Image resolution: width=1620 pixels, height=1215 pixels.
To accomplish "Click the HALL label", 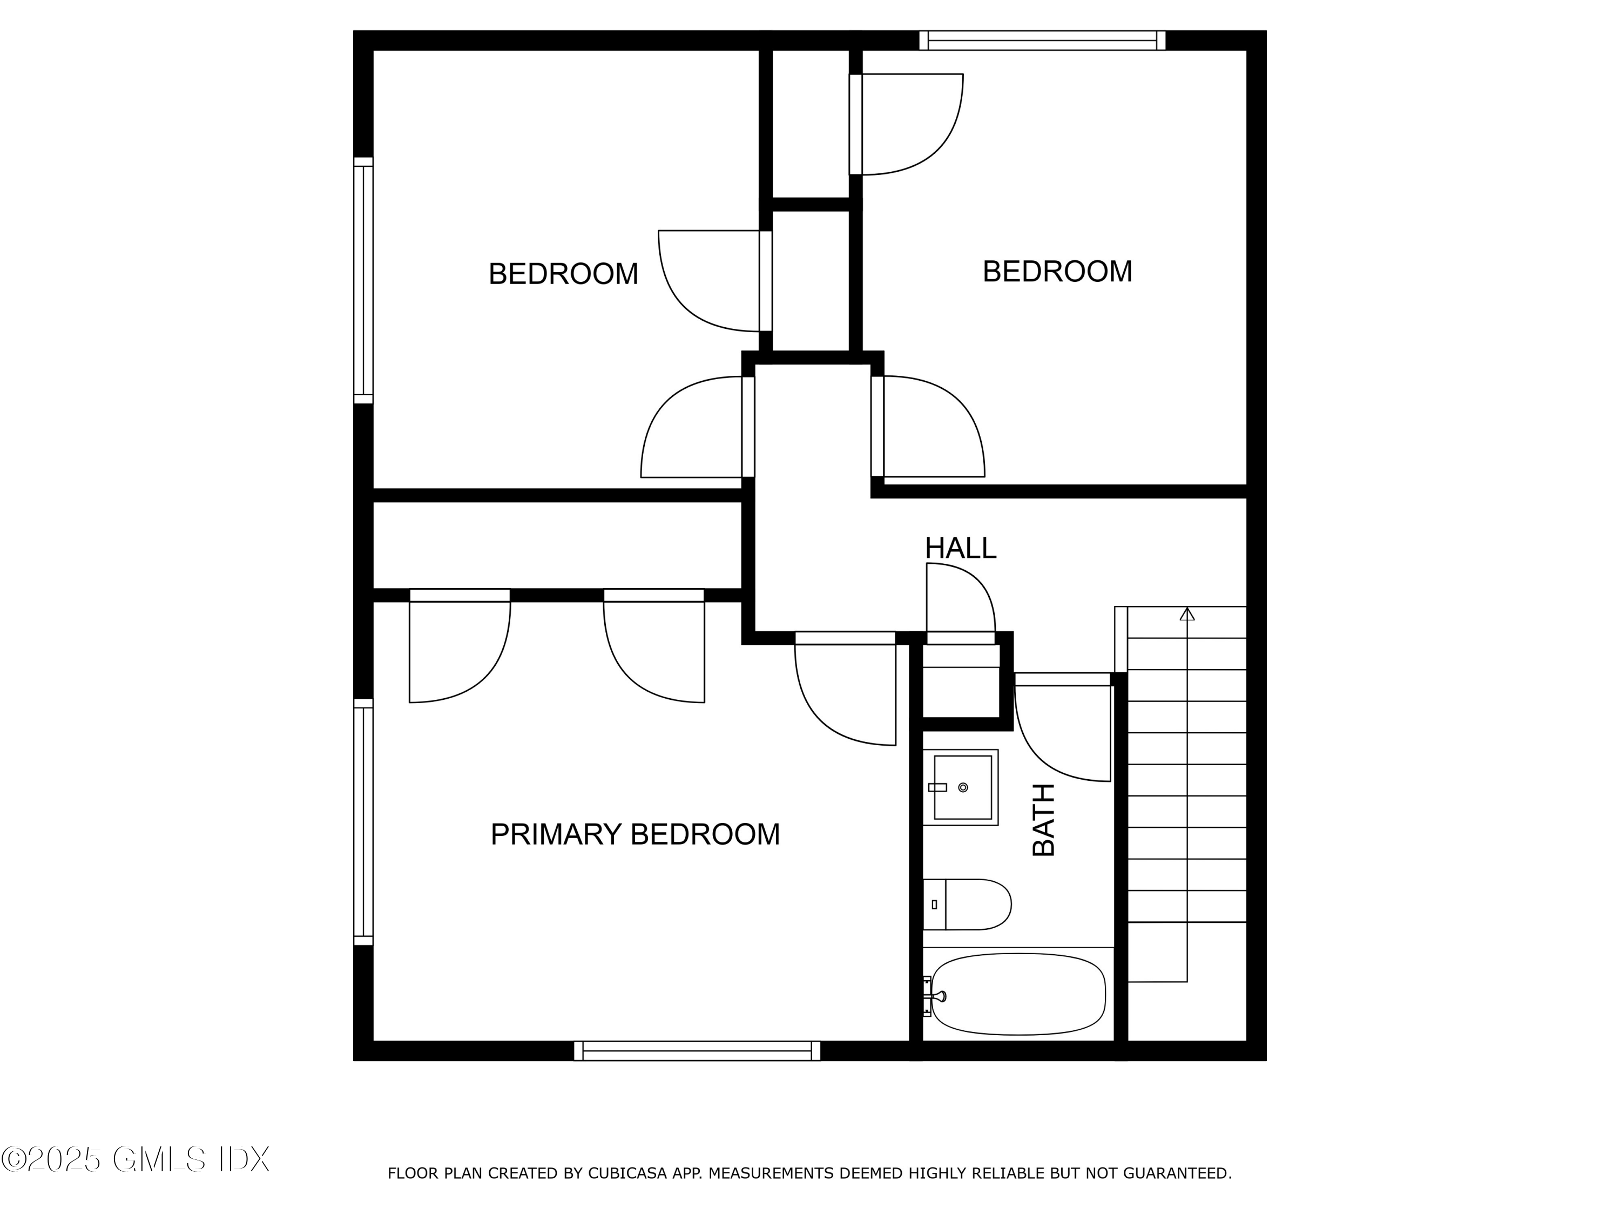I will pyautogui.click(x=960, y=549).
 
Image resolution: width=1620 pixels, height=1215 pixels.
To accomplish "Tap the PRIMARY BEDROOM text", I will pyautogui.click(x=634, y=834).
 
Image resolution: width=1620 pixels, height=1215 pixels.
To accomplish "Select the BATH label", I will pyautogui.click(x=1044, y=820).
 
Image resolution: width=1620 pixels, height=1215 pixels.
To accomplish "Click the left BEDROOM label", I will pyautogui.click(x=563, y=274).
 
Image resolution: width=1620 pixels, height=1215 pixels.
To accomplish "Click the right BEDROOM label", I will pyautogui.click(x=1057, y=272).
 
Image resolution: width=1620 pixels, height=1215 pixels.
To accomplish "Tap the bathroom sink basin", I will pyautogui.click(x=962, y=787).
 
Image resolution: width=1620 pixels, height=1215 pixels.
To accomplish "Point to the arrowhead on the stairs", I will pyautogui.click(x=1187, y=614).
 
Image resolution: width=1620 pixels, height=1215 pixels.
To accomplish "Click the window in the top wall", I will pyautogui.click(x=1042, y=40).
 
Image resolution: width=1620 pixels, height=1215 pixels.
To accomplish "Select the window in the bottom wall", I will pyautogui.click(x=697, y=1050).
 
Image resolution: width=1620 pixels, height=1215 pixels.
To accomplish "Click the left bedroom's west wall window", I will pyautogui.click(x=363, y=280).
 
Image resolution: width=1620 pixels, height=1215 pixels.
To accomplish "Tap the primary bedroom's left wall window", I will pyautogui.click(x=363, y=822).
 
